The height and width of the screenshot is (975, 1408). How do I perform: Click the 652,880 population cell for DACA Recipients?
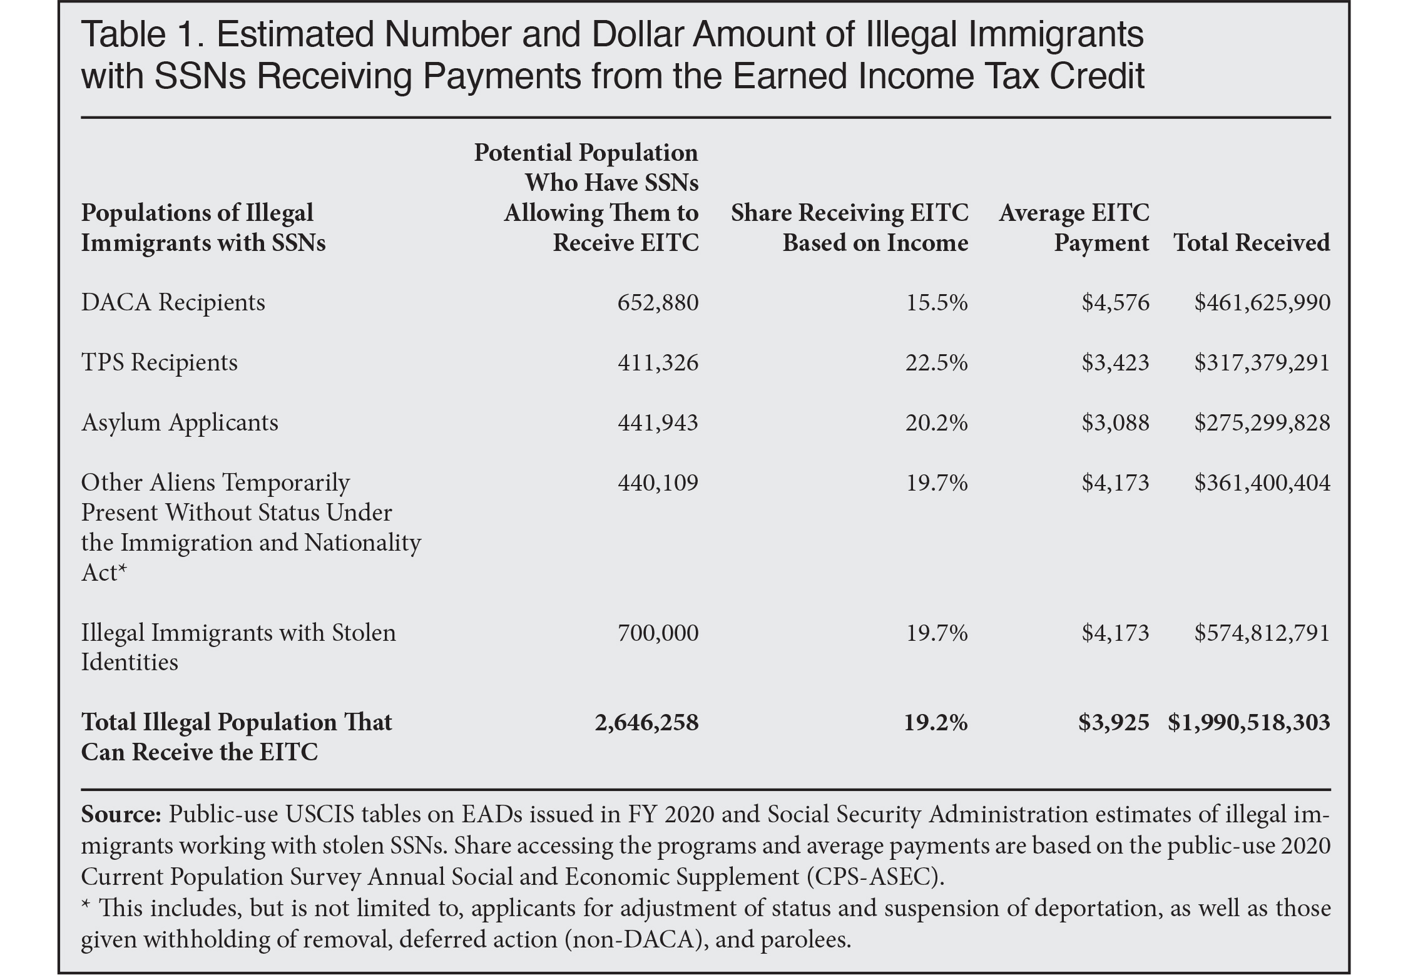coord(657,303)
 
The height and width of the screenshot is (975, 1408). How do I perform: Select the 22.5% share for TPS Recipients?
coord(936,363)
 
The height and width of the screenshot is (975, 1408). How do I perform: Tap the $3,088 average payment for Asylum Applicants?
coord(1115,423)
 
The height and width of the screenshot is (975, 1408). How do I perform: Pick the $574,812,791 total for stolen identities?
coord(1262,633)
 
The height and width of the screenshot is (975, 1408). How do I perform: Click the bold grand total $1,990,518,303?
coord(1248,723)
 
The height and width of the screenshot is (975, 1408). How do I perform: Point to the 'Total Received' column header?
coord(1252,243)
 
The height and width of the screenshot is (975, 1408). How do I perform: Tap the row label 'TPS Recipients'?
coord(160,363)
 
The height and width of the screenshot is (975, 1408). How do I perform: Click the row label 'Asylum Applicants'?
coord(180,423)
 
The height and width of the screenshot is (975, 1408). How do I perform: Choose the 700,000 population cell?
coord(658,633)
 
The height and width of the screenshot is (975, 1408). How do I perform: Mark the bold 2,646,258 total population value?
coord(646,723)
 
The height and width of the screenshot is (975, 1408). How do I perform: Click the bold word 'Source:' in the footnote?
coord(121,815)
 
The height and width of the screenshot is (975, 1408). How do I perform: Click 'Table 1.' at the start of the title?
coord(141,36)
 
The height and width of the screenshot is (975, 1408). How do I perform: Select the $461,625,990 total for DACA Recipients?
coord(1262,303)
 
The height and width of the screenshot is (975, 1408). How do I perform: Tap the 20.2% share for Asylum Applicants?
coord(936,423)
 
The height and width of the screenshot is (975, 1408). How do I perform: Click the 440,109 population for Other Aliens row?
coord(657,482)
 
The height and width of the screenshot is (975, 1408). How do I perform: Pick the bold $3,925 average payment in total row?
coord(1113,723)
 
